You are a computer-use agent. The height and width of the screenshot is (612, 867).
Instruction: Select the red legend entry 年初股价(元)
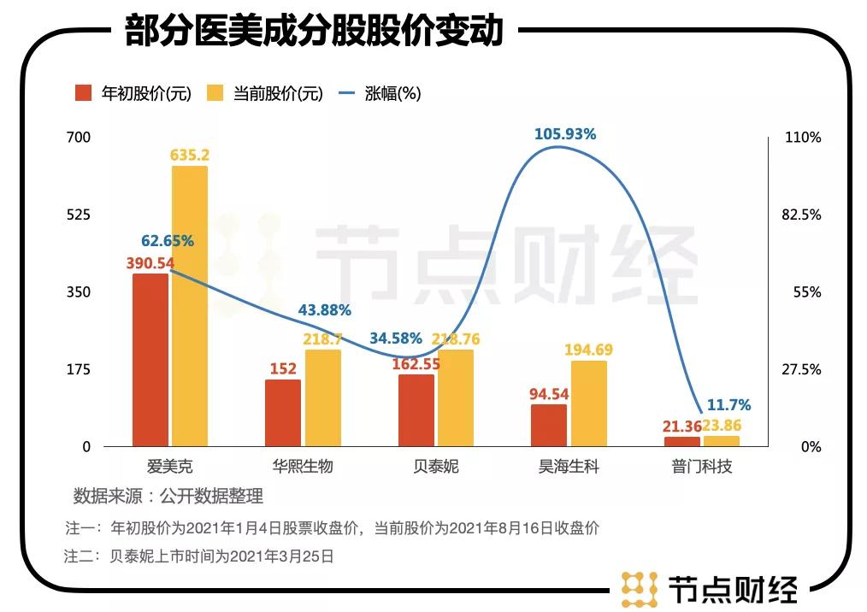[x=133, y=93]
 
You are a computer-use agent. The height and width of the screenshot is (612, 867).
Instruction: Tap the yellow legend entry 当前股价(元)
[x=265, y=93]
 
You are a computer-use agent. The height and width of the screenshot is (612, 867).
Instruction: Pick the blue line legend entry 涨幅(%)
[x=380, y=93]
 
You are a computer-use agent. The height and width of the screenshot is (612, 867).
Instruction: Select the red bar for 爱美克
[x=150, y=360]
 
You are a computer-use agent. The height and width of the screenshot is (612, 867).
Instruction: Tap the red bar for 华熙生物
[x=283, y=413]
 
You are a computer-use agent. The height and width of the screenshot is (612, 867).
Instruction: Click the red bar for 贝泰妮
[x=416, y=410]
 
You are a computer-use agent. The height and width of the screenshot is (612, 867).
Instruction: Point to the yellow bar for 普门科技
[x=721, y=441]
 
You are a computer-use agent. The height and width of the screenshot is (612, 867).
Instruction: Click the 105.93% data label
[x=564, y=134]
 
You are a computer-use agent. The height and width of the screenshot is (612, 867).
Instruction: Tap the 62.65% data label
[x=168, y=241]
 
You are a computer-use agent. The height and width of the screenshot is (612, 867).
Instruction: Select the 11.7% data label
[x=729, y=405]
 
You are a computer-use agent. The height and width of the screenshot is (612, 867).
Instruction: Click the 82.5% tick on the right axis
[x=801, y=215]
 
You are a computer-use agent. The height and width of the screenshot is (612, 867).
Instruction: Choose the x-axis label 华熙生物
[x=302, y=468]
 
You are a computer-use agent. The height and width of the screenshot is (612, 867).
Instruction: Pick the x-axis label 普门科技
[x=701, y=468]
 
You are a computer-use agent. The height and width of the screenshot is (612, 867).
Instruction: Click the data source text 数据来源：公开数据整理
[x=168, y=497]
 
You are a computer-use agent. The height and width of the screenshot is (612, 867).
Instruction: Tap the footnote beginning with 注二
[x=198, y=556]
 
